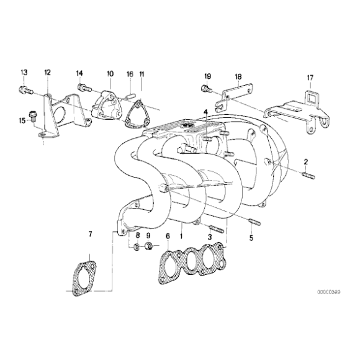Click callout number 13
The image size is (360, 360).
click(x=24, y=73)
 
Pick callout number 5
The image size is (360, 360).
click(x=251, y=237)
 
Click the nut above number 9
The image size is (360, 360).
click(x=148, y=248)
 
